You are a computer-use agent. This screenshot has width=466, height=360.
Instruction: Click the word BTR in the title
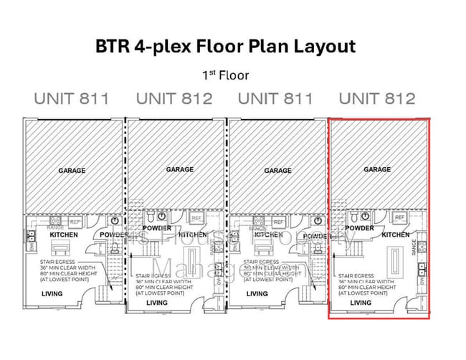[113, 47]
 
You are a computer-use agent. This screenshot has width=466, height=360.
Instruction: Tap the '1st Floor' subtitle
[226, 75]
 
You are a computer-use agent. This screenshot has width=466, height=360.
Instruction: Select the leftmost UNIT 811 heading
[72, 99]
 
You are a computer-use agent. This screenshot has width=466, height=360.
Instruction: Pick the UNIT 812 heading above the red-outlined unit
[377, 99]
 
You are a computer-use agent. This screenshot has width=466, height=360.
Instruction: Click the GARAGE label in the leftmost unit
[72, 171]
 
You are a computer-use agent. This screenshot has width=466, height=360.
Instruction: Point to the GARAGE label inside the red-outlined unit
[377, 169]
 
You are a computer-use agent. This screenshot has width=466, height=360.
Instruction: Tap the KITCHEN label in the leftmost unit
[63, 235]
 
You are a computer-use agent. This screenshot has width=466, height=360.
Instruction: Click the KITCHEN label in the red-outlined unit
[395, 235]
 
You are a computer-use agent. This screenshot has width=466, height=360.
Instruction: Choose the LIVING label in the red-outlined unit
[361, 303]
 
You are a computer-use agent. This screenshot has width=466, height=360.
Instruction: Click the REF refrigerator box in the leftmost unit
[75, 222]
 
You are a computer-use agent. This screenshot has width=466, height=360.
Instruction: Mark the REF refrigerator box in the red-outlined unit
[399, 217]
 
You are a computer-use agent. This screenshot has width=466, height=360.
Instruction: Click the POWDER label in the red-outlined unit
[359, 228]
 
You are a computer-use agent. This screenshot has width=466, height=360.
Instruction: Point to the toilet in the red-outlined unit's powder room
[354, 215]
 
